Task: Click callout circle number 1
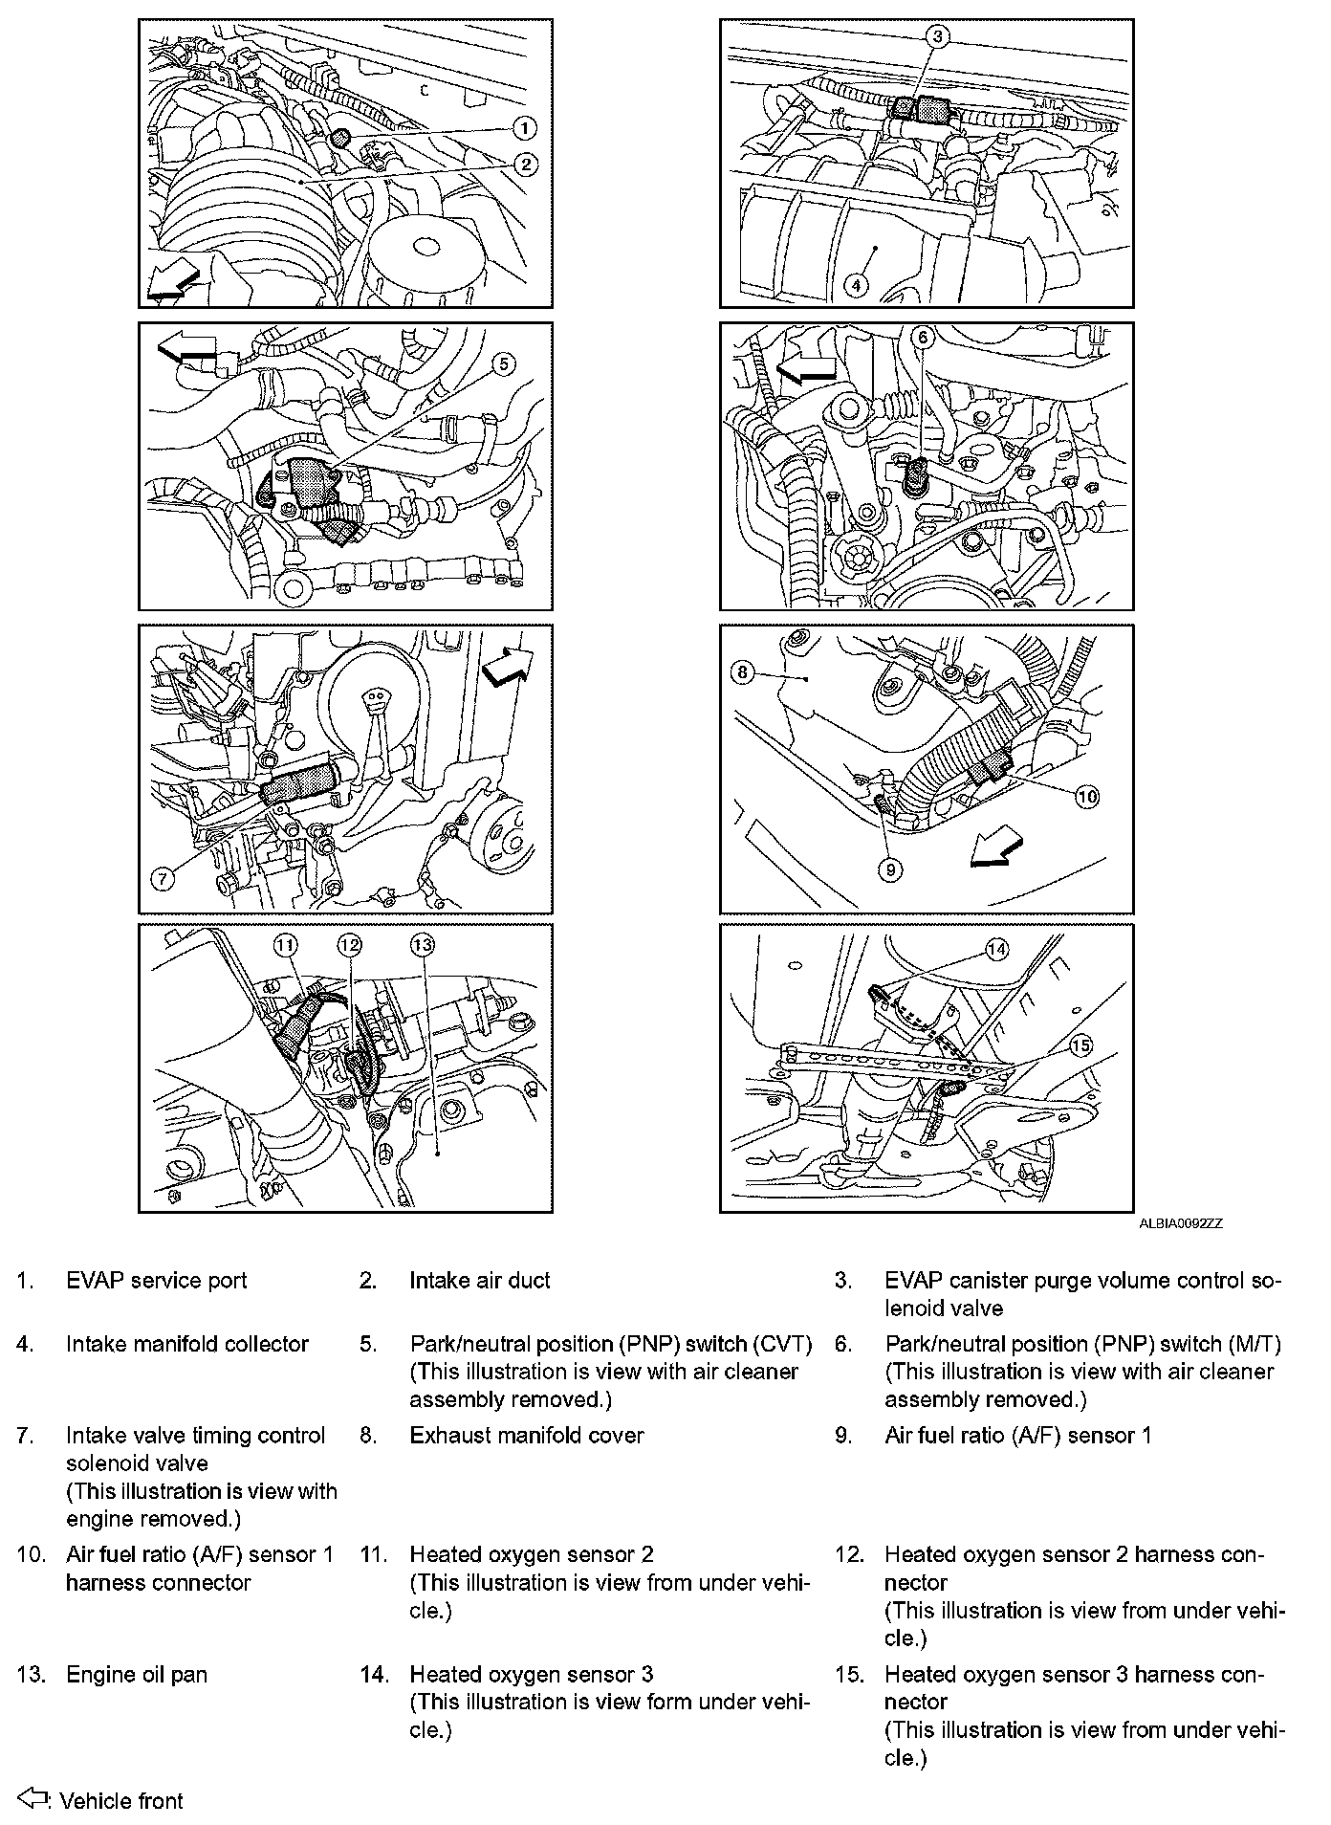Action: (x=524, y=127)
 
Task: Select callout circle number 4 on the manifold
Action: (x=856, y=285)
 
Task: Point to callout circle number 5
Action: (x=504, y=363)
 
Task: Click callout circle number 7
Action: (x=164, y=878)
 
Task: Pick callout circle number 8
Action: (x=743, y=672)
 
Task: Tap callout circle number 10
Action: (x=1087, y=796)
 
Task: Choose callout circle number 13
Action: (x=422, y=945)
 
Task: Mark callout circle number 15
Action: (x=1080, y=1045)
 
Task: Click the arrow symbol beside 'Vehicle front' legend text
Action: (x=33, y=1798)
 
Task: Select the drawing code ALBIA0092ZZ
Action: (x=1180, y=1223)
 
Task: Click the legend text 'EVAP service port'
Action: (x=156, y=1281)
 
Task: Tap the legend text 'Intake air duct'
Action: (x=480, y=1281)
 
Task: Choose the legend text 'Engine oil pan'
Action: (x=136, y=1674)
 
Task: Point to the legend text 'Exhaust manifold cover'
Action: (x=527, y=1435)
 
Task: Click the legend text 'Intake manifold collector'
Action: (x=187, y=1344)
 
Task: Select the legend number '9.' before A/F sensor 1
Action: (x=842, y=1435)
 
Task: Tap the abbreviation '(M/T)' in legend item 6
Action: (x=1251, y=1344)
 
